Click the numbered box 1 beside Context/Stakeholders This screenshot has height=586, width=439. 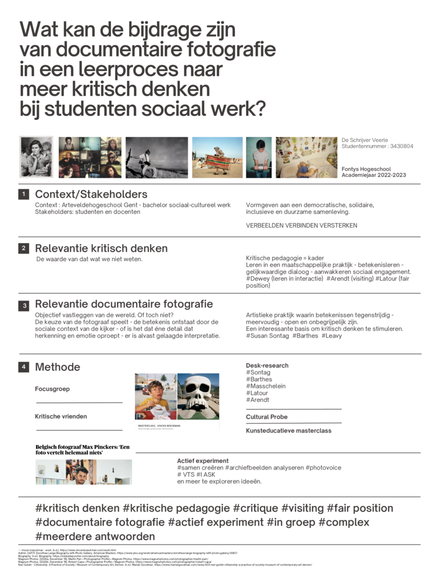23,194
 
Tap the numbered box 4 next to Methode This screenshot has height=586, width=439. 23,367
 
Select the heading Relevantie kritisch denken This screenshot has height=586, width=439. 101,248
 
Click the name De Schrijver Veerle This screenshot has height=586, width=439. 368,140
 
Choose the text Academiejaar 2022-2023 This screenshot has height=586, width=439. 374,175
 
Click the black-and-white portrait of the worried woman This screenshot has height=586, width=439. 36,157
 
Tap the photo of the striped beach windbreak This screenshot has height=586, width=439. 217,157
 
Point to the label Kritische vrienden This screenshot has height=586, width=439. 61,416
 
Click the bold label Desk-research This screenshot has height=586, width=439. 267,366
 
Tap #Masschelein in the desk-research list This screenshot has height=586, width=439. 266,386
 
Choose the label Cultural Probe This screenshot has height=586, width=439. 266,417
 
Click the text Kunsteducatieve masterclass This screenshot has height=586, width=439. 288,431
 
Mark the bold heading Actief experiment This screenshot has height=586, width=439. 203,461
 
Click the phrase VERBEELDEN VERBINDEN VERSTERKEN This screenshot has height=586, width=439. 301,225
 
